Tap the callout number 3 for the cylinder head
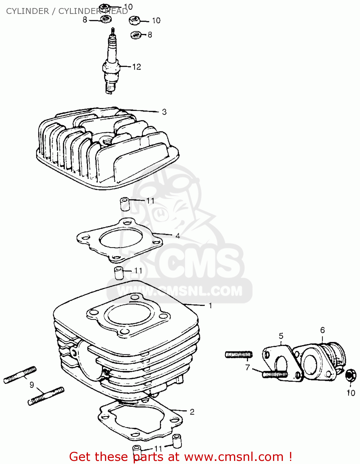click(x=164, y=112)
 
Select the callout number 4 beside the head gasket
click(x=178, y=236)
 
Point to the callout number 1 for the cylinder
click(x=210, y=306)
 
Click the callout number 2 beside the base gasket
click(x=192, y=412)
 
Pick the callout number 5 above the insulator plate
click(x=281, y=336)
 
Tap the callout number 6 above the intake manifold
click(x=322, y=330)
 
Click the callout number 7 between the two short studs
click(x=247, y=367)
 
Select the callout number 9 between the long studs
click(x=32, y=385)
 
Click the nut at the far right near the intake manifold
click(x=350, y=375)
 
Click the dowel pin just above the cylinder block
click(x=119, y=272)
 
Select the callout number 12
click(x=137, y=67)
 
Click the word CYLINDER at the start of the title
click(x=27, y=11)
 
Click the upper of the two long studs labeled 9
click(x=20, y=375)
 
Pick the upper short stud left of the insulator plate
click(x=239, y=354)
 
